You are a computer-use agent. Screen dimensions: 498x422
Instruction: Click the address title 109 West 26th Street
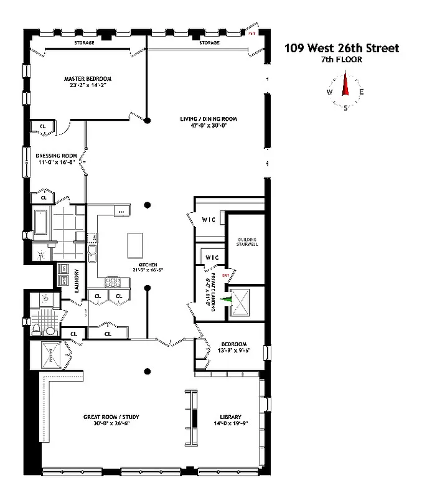(342, 48)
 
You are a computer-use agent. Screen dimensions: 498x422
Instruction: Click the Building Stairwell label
(247, 242)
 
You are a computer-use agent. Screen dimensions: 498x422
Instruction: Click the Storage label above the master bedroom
(84, 43)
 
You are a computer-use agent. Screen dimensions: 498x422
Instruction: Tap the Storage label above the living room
(209, 43)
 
